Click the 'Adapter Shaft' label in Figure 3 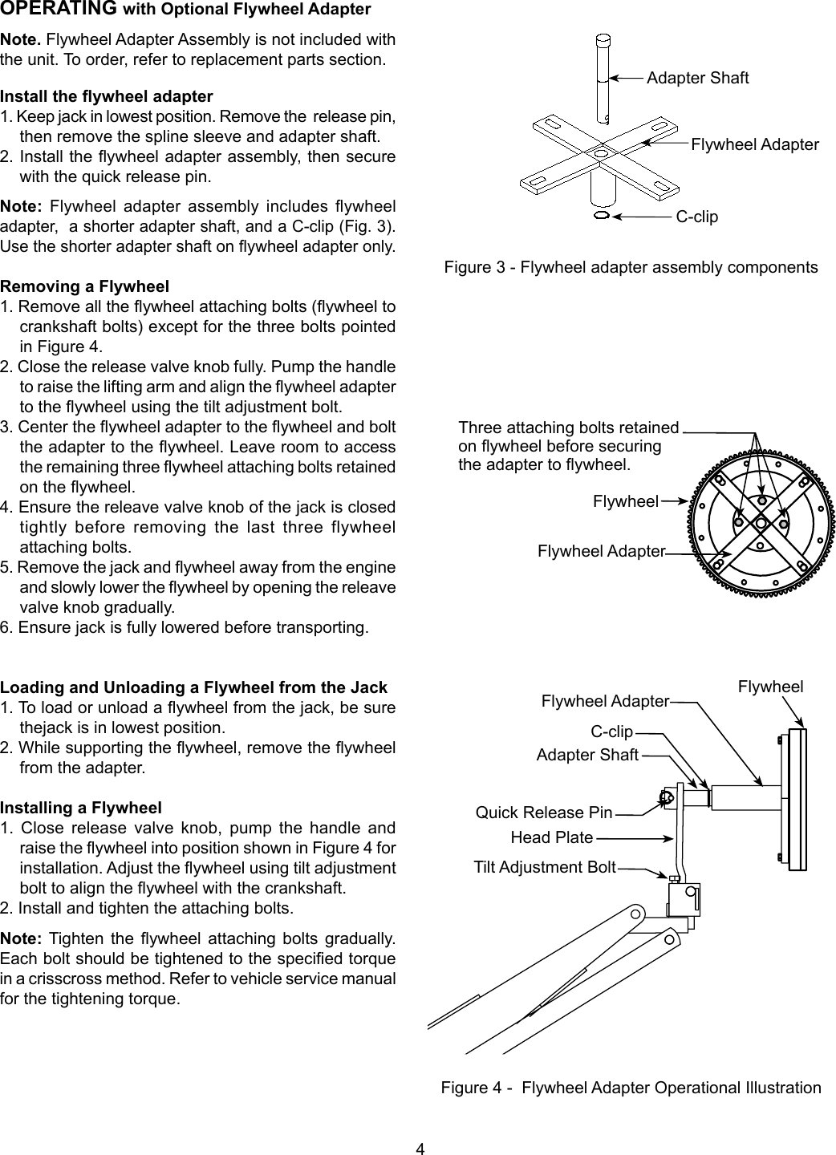tap(697, 78)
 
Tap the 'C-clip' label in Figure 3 tap(696, 217)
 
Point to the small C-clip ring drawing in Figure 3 tap(602, 216)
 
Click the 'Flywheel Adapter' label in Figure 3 tap(754, 144)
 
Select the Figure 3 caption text tap(631, 267)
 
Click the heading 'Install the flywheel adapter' tap(107, 97)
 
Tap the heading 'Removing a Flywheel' tap(85, 286)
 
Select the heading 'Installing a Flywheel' tap(81, 808)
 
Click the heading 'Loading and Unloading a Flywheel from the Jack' tap(194, 687)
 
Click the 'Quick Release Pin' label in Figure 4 tap(544, 813)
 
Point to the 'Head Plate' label tap(551, 838)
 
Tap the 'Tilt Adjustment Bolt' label tap(545, 867)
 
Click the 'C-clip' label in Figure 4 tap(611, 731)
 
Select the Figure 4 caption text tap(631, 1088)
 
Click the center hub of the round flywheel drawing tap(759, 521)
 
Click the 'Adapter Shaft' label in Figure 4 tap(586, 755)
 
